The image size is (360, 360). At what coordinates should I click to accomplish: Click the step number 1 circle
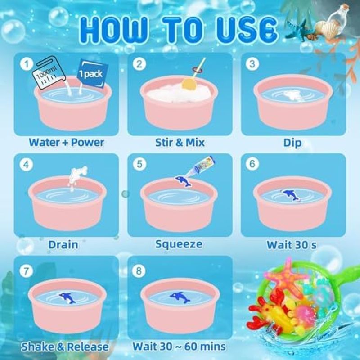pyautogui.click(x=27, y=64)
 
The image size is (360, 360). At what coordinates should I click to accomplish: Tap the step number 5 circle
pyautogui.click(x=139, y=164)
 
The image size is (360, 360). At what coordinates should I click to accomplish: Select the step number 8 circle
pyautogui.click(x=139, y=271)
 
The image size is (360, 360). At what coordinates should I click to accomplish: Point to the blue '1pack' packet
pyautogui.click(x=92, y=73)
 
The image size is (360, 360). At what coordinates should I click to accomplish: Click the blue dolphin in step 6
pyautogui.click(x=291, y=196)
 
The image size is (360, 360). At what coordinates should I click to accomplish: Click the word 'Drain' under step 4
pyautogui.click(x=63, y=245)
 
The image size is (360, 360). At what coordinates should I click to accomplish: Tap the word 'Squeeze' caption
pyautogui.click(x=179, y=244)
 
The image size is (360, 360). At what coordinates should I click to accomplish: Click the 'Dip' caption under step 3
pyautogui.click(x=292, y=143)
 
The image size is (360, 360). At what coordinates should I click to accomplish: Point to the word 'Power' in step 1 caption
pyautogui.click(x=87, y=142)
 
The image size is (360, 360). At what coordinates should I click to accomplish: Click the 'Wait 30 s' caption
pyautogui.click(x=292, y=245)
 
